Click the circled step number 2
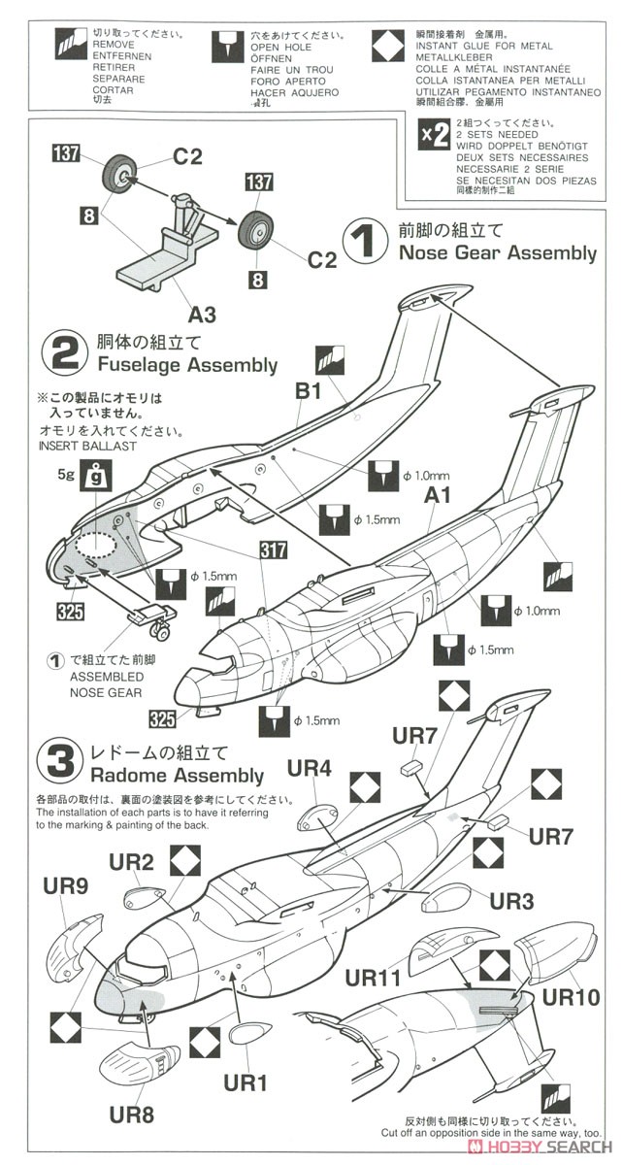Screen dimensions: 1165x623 [64, 353]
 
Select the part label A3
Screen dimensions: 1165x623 [202, 314]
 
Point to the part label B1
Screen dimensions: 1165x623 [308, 391]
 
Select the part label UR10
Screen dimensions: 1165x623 [571, 998]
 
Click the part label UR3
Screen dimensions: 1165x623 [511, 901]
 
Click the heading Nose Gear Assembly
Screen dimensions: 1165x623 [497, 253]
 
